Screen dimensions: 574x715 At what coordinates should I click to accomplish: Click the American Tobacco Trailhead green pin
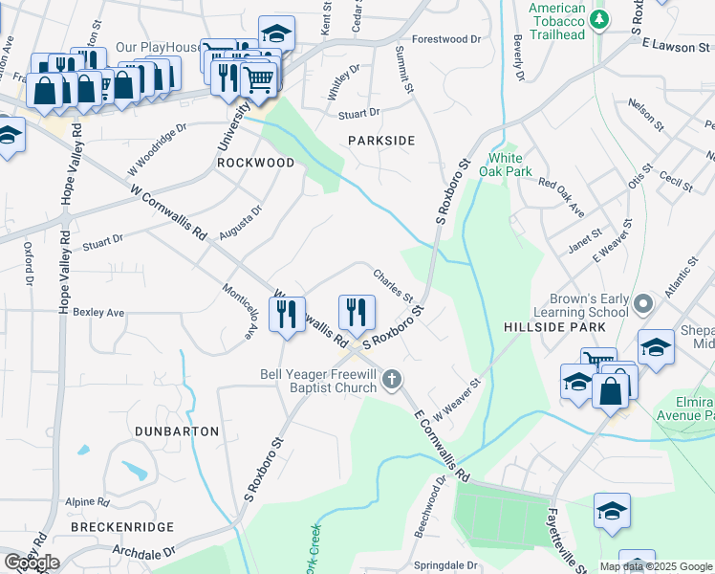click(x=599, y=20)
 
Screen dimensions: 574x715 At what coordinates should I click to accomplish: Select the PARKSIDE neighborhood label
click(x=381, y=141)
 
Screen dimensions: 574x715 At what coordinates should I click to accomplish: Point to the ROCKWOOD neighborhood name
click(x=255, y=163)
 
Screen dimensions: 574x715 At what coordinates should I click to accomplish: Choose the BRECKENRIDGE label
click(x=122, y=527)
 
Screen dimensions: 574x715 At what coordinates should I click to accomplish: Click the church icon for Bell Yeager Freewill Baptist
click(x=390, y=381)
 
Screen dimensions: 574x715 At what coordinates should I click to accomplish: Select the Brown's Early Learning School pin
click(x=643, y=305)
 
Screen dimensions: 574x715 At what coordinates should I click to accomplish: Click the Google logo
click(x=32, y=563)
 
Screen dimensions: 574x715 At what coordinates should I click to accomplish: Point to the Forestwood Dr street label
click(x=446, y=39)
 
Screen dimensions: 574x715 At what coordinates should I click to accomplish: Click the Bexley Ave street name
click(x=99, y=313)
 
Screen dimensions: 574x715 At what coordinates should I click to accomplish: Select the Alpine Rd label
click(x=88, y=501)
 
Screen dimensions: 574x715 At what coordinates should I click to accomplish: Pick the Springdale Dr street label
click(x=445, y=565)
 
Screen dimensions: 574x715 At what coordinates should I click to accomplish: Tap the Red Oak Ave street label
click(x=561, y=195)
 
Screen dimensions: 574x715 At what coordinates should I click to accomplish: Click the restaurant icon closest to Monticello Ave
click(x=286, y=314)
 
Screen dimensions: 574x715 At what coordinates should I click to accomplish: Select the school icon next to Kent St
click(x=276, y=34)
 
